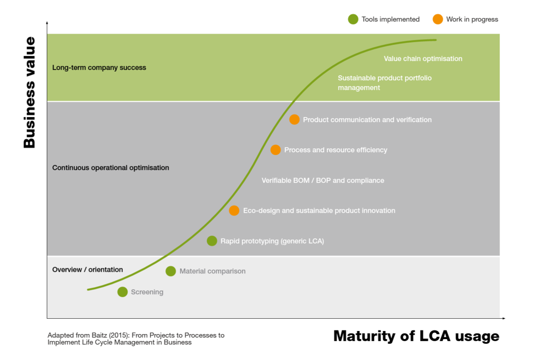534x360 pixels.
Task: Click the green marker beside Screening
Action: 122,292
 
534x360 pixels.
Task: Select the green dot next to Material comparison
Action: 171,271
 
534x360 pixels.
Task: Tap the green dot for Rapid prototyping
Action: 212,241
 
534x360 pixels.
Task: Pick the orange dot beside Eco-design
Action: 234,210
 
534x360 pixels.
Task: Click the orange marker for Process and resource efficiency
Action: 275,150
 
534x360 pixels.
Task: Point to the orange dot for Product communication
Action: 294,120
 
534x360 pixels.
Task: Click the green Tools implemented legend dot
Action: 353,19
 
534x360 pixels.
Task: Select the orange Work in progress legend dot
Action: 438,19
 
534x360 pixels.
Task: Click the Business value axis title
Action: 30,92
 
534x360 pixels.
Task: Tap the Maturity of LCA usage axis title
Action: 416,336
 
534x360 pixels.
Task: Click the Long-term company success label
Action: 99,68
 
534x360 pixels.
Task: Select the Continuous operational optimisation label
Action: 110,168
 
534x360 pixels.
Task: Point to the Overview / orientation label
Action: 88,269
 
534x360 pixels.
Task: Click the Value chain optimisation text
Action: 423,59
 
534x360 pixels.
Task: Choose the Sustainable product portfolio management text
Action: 384,83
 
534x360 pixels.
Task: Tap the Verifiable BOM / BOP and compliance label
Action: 323,180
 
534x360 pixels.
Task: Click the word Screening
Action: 147,292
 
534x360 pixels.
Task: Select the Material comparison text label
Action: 212,271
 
